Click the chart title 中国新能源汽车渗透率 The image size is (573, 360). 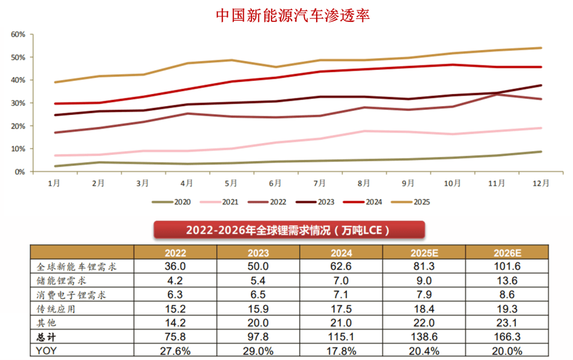point(293,15)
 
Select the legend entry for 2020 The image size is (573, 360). point(172,202)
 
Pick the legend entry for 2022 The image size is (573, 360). point(278,202)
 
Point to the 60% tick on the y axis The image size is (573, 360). point(19,35)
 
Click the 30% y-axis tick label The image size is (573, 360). point(19,103)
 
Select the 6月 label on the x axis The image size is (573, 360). point(275,183)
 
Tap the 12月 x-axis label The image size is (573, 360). point(541,183)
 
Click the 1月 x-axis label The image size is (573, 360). point(54,183)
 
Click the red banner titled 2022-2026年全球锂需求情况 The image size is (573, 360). point(289,230)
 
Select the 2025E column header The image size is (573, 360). point(424,253)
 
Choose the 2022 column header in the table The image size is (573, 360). point(176,253)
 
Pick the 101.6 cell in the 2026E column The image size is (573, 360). point(507,267)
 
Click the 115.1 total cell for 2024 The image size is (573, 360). point(341,337)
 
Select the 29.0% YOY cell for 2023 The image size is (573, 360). point(258,350)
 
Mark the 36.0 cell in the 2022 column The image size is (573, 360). point(176,267)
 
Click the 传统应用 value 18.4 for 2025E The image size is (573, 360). point(424,308)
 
